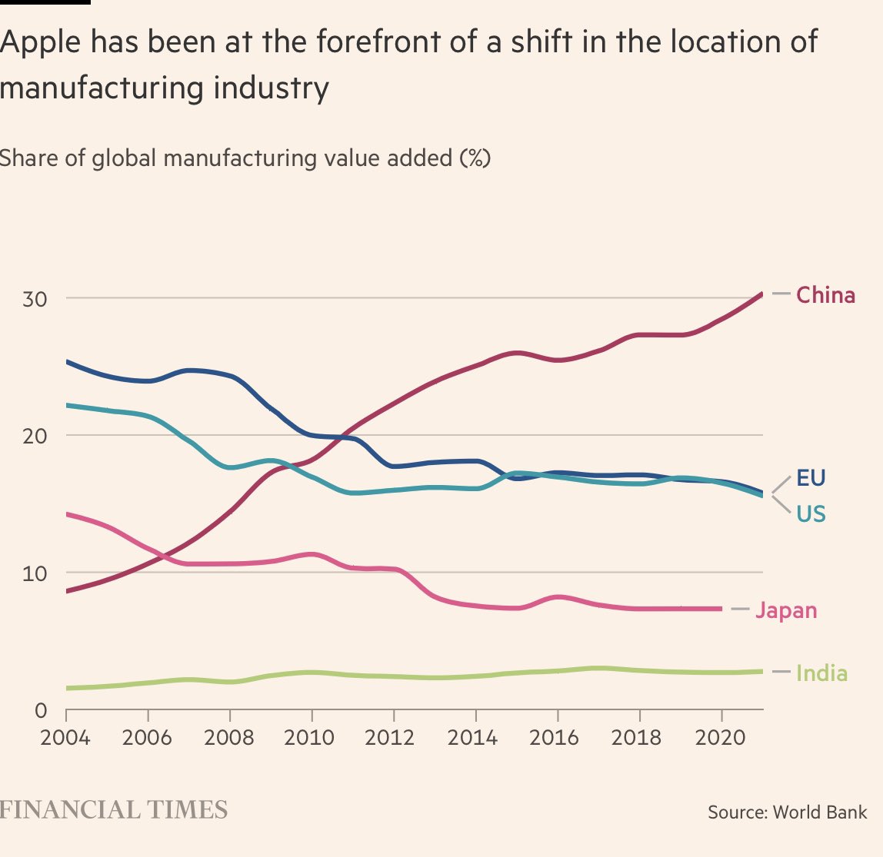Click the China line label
825,295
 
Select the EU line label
811,478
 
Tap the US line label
811,513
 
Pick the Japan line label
786,610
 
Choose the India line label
821,673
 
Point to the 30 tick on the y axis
35,299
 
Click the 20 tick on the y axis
35,436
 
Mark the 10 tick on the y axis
35,573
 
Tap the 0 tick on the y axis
42,710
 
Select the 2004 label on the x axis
65,738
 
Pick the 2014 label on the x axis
473,738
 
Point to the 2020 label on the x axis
720,738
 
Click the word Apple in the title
40,42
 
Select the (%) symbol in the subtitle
475,158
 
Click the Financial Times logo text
114,809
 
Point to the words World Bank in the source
820,812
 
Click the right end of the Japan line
721,609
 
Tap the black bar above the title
45,2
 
